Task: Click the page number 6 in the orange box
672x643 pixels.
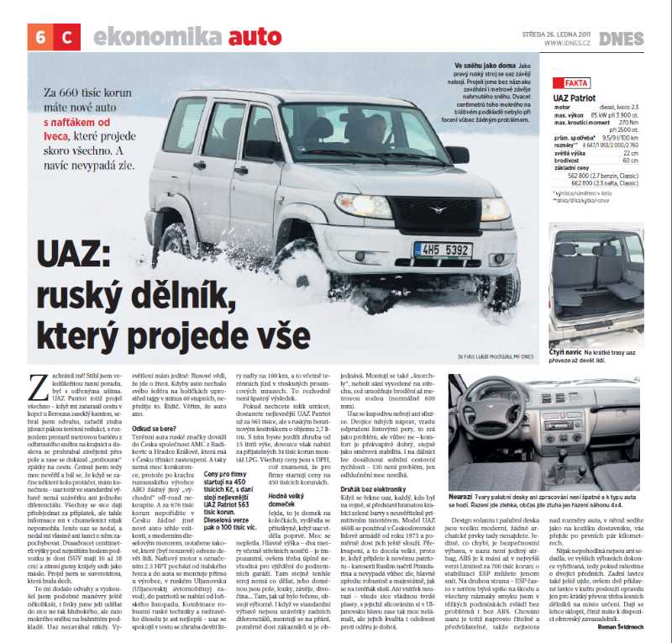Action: tap(41, 36)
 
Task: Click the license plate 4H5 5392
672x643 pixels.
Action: tap(442, 250)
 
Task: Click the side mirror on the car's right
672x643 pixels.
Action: tap(458, 155)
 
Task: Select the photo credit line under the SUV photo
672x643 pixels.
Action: tap(496, 357)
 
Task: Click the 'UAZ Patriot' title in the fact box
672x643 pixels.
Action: tap(577, 98)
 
